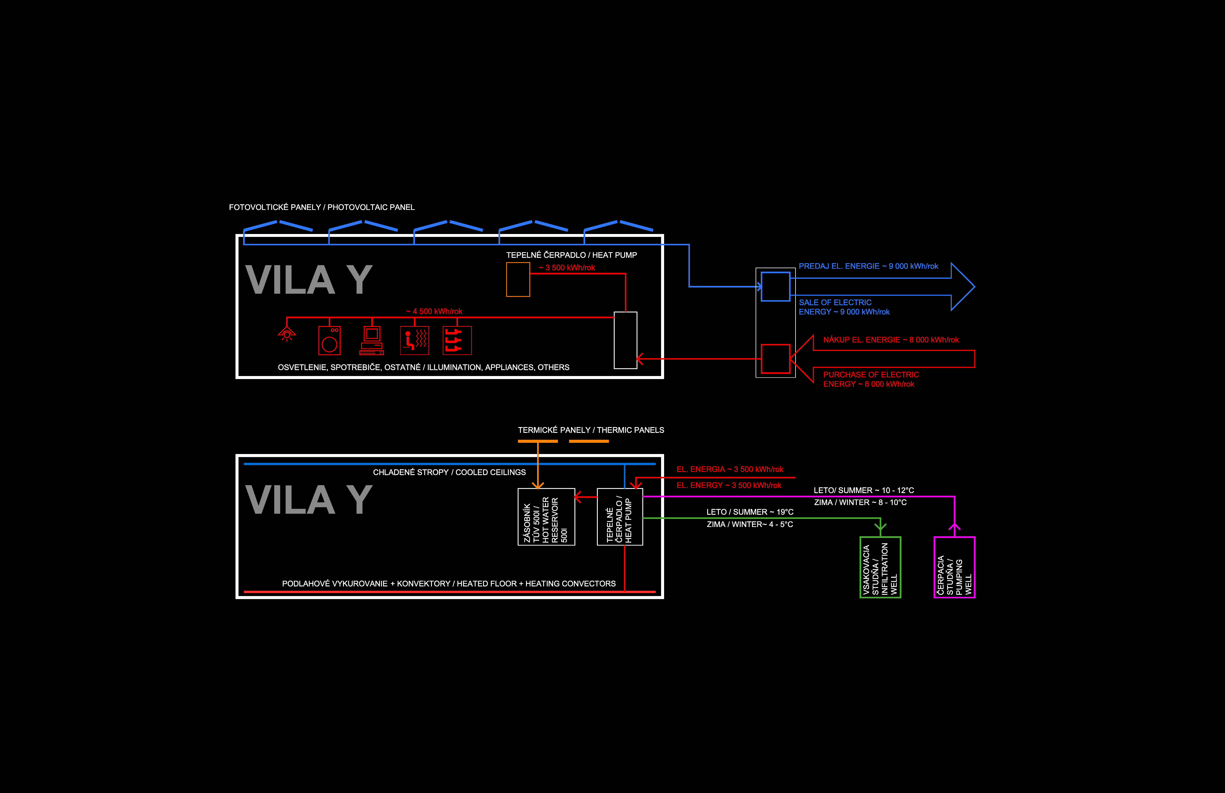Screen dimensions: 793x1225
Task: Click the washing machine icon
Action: click(329, 340)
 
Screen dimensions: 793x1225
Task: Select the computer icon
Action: click(372, 340)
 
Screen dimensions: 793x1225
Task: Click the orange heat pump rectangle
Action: click(518, 280)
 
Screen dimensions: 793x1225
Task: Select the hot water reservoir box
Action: click(546, 516)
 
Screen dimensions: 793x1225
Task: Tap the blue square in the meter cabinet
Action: click(775, 286)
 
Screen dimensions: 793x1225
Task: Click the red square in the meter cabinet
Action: click(775, 358)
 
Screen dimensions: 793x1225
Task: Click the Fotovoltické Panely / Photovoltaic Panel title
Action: click(322, 207)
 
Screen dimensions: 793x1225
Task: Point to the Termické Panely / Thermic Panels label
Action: click(591, 430)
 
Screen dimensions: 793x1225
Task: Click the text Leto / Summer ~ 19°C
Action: click(750, 512)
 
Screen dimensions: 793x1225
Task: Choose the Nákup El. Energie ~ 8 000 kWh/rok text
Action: click(891, 340)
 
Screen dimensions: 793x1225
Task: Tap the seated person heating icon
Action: click(414, 340)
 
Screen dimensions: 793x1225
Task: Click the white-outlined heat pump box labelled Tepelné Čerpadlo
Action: click(620, 516)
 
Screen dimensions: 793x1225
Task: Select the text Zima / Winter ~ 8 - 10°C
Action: click(860, 502)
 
